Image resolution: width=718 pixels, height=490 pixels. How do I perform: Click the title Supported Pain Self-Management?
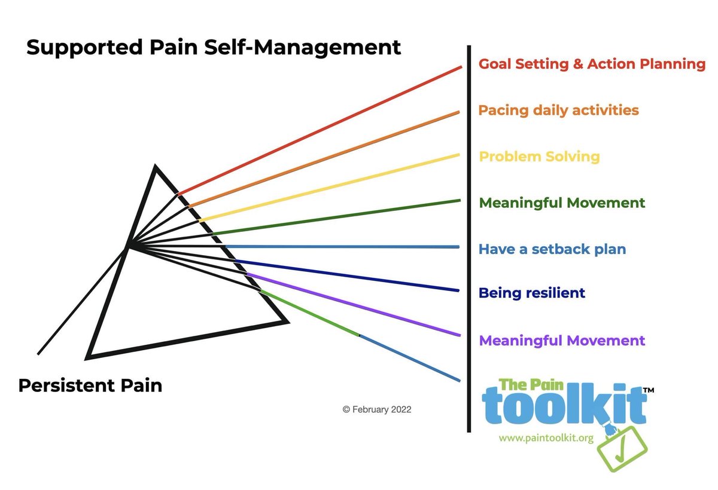tap(214, 47)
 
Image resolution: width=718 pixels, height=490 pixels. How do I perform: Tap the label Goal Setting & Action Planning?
tap(592, 64)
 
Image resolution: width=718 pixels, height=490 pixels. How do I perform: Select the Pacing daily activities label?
tap(558, 111)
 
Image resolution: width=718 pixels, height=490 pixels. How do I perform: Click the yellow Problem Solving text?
tap(539, 157)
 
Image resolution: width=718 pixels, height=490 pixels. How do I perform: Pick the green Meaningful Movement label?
tap(562, 203)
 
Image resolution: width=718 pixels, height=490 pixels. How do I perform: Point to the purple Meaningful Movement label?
tap(562, 341)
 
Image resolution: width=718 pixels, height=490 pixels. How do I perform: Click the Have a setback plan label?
tap(552, 249)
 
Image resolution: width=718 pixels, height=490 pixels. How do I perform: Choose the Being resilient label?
tap(531, 293)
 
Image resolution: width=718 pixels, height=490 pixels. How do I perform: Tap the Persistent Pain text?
tap(90, 385)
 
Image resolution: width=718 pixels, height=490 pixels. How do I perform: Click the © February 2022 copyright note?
tap(376, 410)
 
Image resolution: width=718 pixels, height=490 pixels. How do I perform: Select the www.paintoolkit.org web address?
tap(546, 438)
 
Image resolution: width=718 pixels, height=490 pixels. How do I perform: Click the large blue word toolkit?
tap(564, 406)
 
